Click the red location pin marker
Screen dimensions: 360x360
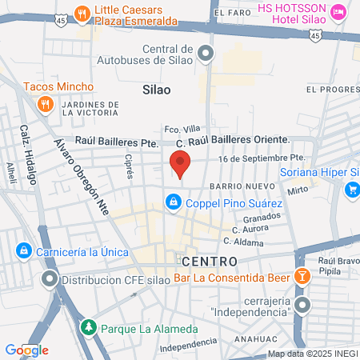point(181,163)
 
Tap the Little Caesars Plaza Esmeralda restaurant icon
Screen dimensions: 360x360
point(82,12)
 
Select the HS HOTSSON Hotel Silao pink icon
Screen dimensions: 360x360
point(338,12)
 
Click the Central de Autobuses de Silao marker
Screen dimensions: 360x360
point(206,54)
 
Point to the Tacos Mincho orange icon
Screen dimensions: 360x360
point(46,102)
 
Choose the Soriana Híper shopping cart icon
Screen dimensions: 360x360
point(351,189)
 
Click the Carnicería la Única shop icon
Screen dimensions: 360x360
point(24,251)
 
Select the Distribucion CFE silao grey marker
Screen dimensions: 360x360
point(50,280)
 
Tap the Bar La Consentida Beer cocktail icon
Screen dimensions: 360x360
point(302,277)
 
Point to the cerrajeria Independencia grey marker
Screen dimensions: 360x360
point(302,305)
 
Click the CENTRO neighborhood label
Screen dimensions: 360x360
point(209,262)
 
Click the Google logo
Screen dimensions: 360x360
point(26,350)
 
